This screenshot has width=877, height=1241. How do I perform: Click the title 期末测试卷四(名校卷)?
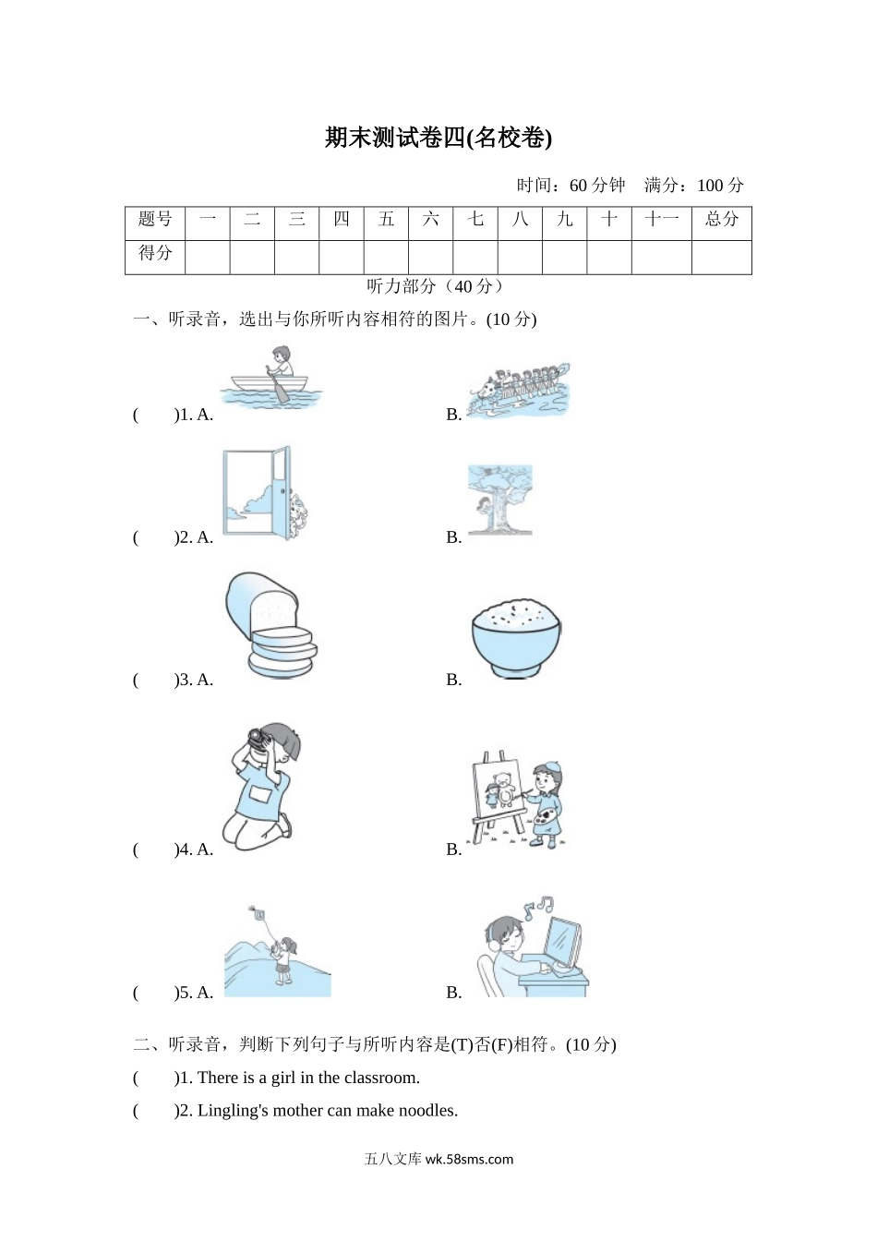(x=438, y=138)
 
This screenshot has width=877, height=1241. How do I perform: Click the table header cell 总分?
(x=721, y=220)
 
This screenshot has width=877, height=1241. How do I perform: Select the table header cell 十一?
(x=661, y=220)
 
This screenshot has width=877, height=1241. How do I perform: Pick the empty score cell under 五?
(x=386, y=257)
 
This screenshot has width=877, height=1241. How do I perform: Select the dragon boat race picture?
(x=518, y=390)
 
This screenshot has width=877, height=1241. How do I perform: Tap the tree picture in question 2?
(x=499, y=500)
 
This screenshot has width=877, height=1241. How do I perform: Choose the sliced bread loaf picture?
(x=270, y=625)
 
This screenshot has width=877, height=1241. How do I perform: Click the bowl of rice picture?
(x=516, y=636)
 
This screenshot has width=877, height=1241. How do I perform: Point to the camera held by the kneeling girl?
(x=256, y=737)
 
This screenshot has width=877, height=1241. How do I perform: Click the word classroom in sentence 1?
(x=381, y=1078)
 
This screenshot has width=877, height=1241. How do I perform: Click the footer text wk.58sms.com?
(x=469, y=1159)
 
